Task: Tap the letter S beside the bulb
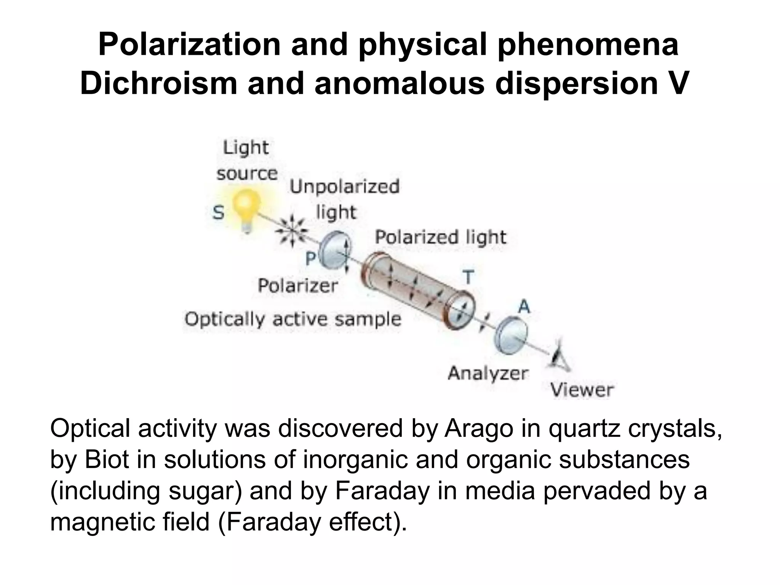(x=218, y=213)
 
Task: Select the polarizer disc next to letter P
(x=335, y=251)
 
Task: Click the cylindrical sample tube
(x=417, y=289)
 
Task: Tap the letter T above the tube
(x=468, y=277)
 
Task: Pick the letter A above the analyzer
(x=524, y=306)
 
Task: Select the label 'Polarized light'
(x=441, y=238)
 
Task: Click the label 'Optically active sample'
(x=293, y=319)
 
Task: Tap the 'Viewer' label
(x=582, y=390)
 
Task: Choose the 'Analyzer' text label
(x=488, y=373)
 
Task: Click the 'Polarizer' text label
(x=298, y=286)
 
